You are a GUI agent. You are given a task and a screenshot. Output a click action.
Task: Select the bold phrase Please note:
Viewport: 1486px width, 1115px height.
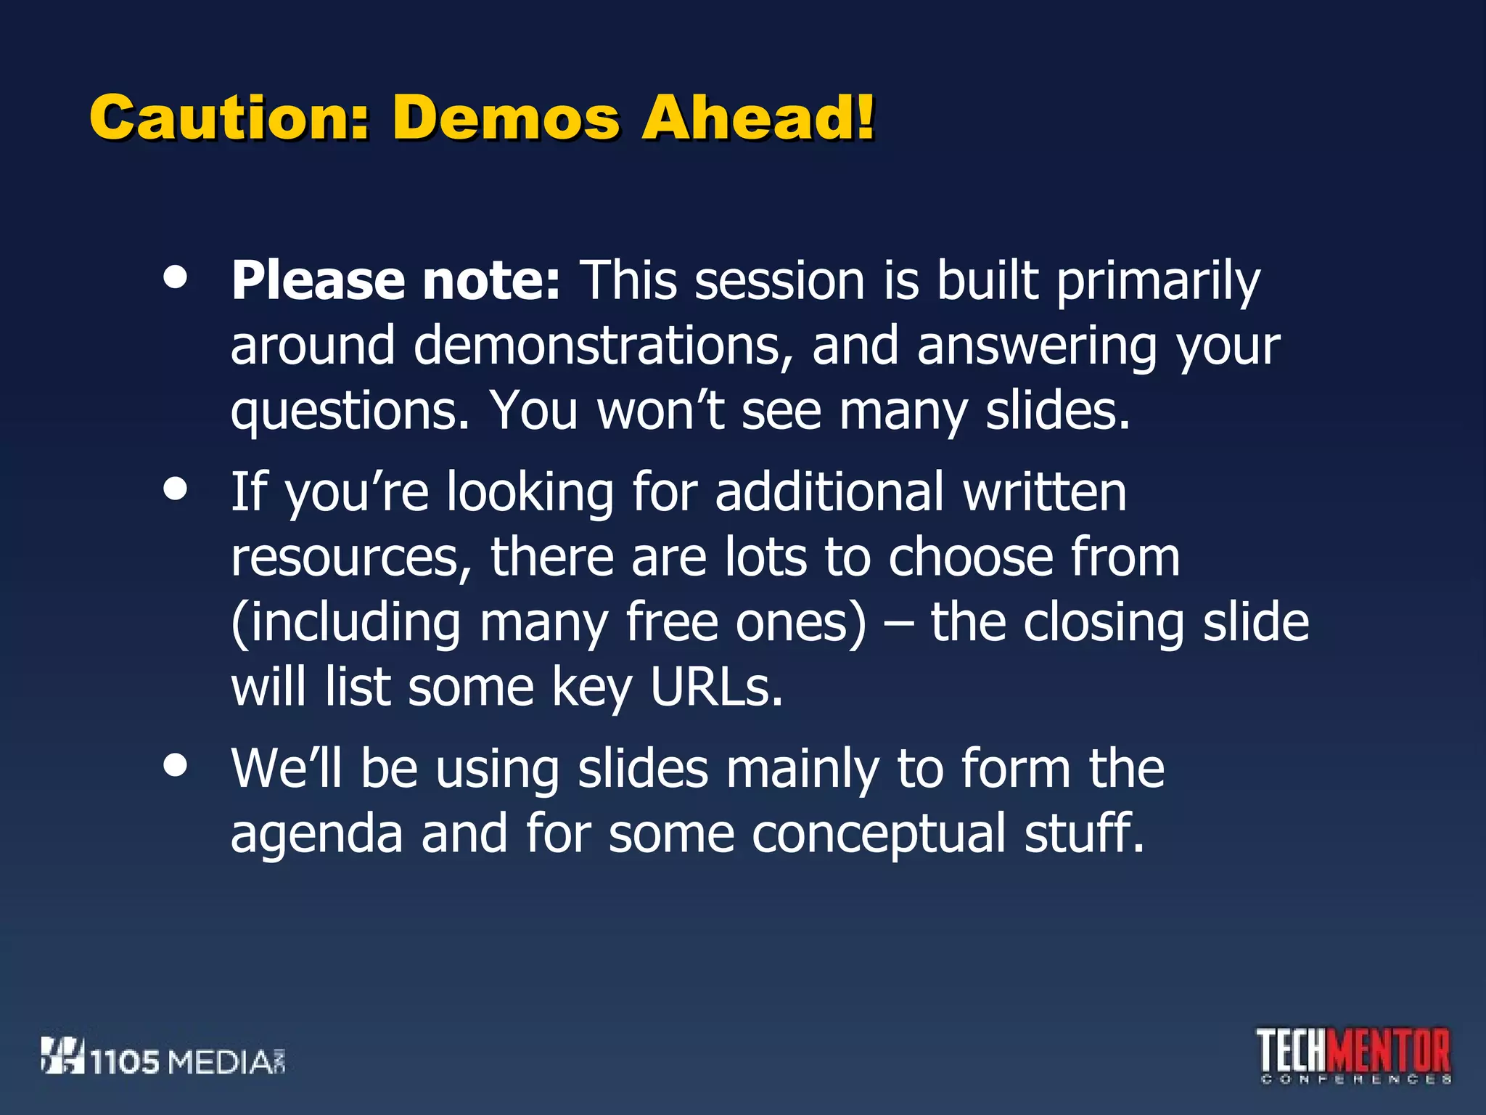[395, 281]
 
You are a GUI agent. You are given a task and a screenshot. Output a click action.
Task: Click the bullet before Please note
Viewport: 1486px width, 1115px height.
[175, 277]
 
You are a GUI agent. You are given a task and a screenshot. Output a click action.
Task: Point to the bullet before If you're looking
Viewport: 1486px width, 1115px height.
[175, 489]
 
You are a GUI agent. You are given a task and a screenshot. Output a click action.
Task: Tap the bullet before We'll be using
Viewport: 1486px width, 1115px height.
[175, 764]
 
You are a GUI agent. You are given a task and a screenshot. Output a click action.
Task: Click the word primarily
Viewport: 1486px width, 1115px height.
[1158, 282]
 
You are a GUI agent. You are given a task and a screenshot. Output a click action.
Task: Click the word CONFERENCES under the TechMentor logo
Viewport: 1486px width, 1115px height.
[1355, 1079]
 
